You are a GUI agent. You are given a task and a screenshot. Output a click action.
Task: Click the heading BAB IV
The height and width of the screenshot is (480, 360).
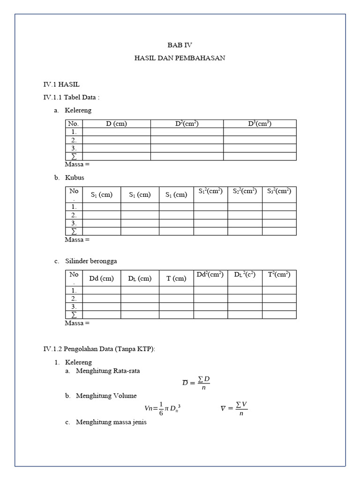(180, 45)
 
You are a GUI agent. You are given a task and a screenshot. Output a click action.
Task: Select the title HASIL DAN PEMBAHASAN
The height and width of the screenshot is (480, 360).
(180, 58)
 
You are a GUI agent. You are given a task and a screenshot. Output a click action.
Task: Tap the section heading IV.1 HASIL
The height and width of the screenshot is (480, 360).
(61, 84)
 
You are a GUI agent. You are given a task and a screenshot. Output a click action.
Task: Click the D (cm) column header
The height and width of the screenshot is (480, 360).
(116, 124)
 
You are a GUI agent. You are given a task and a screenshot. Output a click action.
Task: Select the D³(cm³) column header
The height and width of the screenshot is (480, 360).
(260, 124)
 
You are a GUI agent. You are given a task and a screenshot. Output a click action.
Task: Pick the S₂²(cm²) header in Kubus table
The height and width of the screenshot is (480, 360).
(245, 191)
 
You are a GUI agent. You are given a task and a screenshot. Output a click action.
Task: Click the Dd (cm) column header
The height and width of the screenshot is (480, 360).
(102, 278)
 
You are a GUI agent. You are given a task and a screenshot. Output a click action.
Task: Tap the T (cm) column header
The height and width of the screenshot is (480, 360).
(176, 278)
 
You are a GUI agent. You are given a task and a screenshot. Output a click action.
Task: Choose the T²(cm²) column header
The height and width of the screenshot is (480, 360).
(279, 275)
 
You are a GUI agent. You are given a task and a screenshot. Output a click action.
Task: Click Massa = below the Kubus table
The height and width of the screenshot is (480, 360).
(77, 240)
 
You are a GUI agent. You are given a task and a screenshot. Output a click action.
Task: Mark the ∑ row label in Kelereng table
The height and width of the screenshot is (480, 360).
(74, 156)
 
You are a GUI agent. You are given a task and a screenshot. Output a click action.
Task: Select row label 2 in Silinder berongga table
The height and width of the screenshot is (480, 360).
(74, 299)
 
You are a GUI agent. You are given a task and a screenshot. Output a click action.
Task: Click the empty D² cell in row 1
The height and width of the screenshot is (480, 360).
(187, 132)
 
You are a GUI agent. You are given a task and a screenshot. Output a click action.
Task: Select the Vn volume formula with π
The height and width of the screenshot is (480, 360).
(163, 409)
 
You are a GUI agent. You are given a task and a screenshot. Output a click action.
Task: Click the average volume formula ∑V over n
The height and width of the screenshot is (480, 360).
(234, 408)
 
